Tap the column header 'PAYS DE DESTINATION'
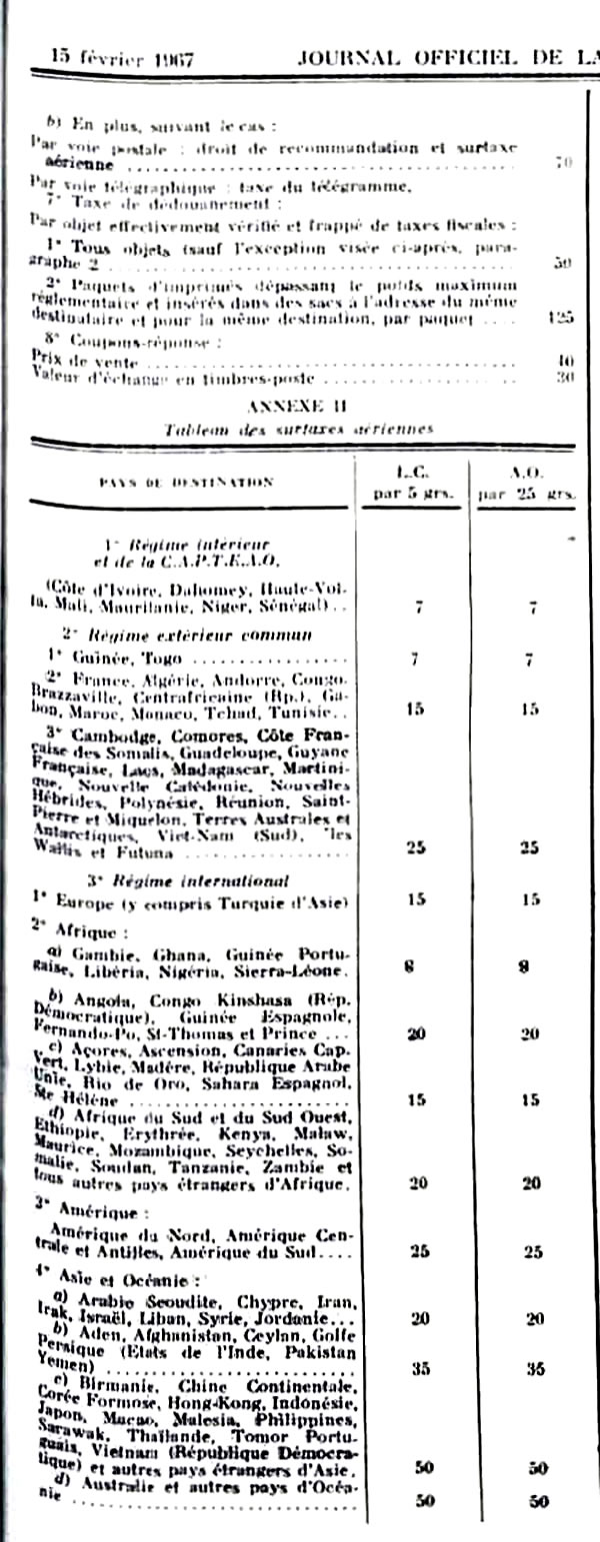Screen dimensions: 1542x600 [x=186, y=482]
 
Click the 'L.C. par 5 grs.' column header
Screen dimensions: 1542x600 [x=414, y=482]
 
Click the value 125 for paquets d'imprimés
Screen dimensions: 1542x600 [x=562, y=319]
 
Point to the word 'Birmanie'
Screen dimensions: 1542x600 [x=109, y=1386]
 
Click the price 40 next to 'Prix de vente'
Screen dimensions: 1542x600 [x=564, y=360]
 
